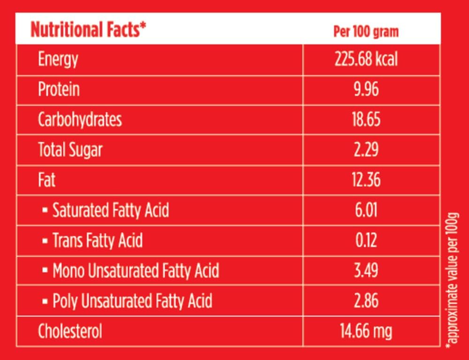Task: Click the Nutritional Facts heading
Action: pyautogui.click(x=88, y=30)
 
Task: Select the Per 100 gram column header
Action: pyautogui.click(x=366, y=31)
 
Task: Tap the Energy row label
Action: pyautogui.click(x=58, y=60)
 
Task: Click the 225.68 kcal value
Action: pyautogui.click(x=366, y=60)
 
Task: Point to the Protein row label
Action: pyautogui.click(x=59, y=90)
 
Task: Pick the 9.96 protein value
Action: pyautogui.click(x=366, y=90)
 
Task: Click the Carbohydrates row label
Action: pyautogui.click(x=80, y=120)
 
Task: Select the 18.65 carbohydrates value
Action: pyautogui.click(x=366, y=120)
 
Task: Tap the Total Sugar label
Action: pyautogui.click(x=70, y=150)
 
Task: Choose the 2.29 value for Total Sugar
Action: pyautogui.click(x=366, y=150)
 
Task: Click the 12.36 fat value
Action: pyautogui.click(x=366, y=180)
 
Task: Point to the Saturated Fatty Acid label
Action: pyautogui.click(x=110, y=210)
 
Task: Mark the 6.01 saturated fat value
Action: pyautogui.click(x=366, y=210)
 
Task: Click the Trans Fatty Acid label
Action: pyautogui.click(x=97, y=240)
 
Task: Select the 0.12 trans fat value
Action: pyautogui.click(x=366, y=240)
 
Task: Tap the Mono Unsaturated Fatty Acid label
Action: pyautogui.click(x=135, y=271)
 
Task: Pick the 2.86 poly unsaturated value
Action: pyautogui.click(x=366, y=301)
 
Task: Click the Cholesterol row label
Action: pyautogui.click(x=70, y=331)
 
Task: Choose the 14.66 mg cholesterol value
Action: pyautogui.click(x=366, y=331)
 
